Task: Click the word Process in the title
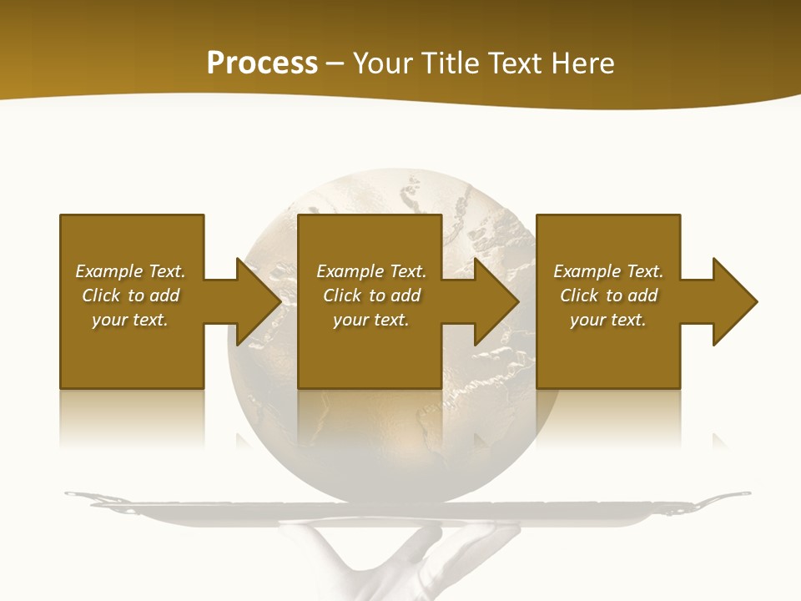click(262, 63)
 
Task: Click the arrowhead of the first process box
click(259, 301)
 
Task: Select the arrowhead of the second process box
click(497, 301)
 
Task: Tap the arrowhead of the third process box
click(735, 301)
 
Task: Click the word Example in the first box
click(108, 271)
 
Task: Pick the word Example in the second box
click(350, 271)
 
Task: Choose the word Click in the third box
click(579, 295)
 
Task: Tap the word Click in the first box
click(101, 295)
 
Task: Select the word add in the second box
click(406, 295)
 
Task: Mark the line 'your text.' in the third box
click(607, 320)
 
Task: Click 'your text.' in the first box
click(130, 320)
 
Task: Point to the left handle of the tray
click(83, 497)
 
